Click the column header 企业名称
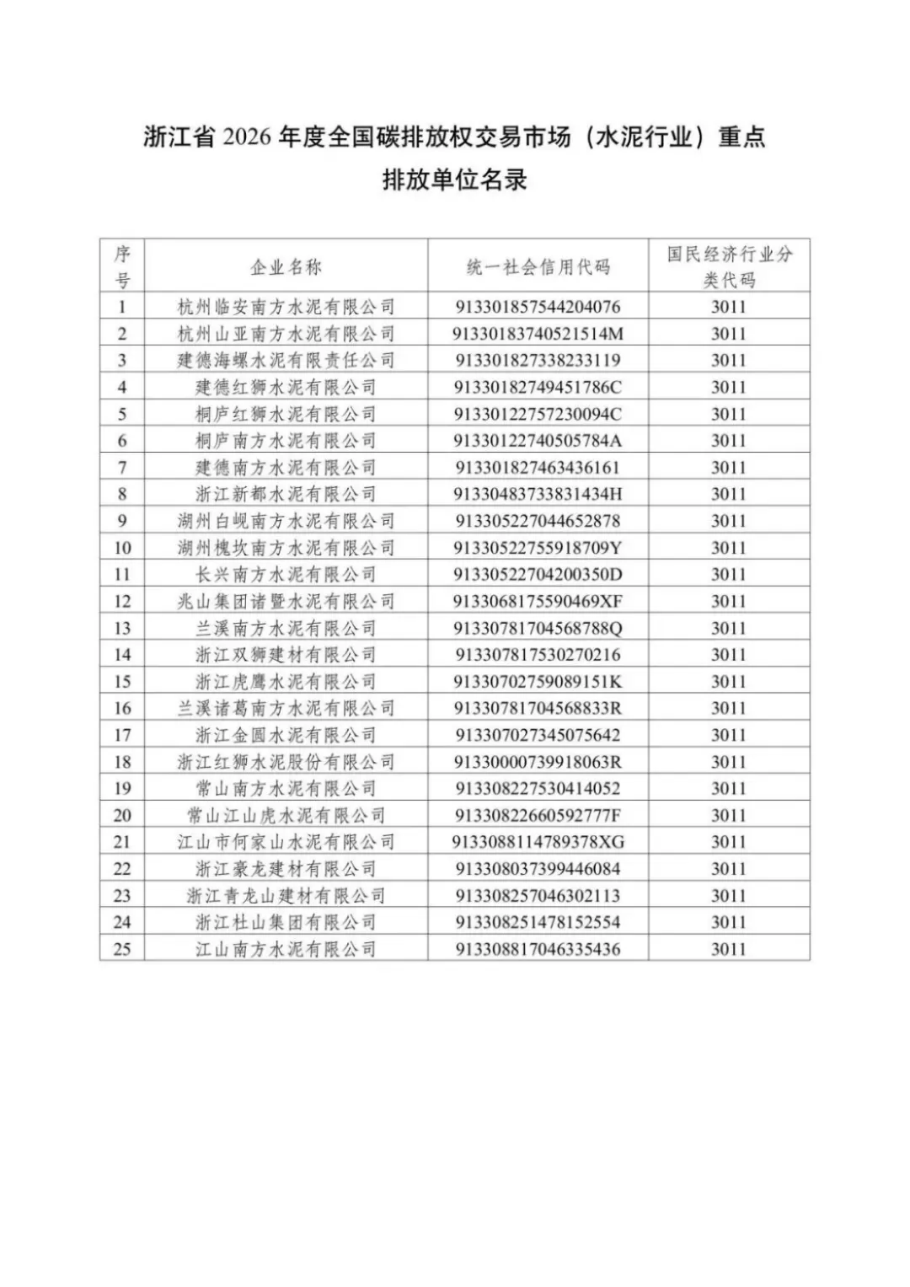click(286, 267)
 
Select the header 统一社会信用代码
click(538, 267)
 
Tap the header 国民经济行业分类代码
click(729, 266)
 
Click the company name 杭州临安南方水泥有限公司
click(286, 307)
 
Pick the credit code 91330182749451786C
click(538, 387)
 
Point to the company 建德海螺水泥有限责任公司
click(286, 361)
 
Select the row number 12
click(122, 601)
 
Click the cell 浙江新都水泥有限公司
click(286, 494)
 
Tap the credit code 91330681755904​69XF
click(538, 601)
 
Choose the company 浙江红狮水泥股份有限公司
click(286, 762)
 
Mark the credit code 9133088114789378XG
click(538, 842)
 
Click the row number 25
click(122, 949)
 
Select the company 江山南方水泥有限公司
click(286, 949)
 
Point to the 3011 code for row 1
click(729, 307)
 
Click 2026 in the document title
click(248, 137)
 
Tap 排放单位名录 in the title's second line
click(454, 180)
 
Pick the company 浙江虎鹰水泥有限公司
click(286, 681)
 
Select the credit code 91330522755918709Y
click(538, 548)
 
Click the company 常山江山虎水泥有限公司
click(286, 815)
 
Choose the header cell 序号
click(122, 266)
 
